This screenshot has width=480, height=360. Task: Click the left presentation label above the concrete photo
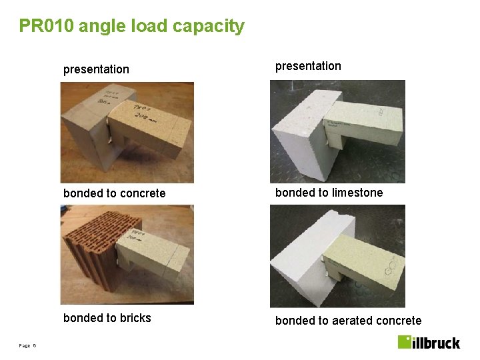click(x=96, y=69)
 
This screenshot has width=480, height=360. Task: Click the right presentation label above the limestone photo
click(x=308, y=66)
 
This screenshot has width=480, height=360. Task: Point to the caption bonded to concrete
click(x=114, y=193)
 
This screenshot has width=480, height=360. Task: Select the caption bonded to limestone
click(x=329, y=193)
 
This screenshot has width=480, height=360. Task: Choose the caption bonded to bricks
click(x=107, y=318)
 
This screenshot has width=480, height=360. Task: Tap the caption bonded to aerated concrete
click(x=348, y=321)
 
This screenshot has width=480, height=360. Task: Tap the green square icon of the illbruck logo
click(x=405, y=341)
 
